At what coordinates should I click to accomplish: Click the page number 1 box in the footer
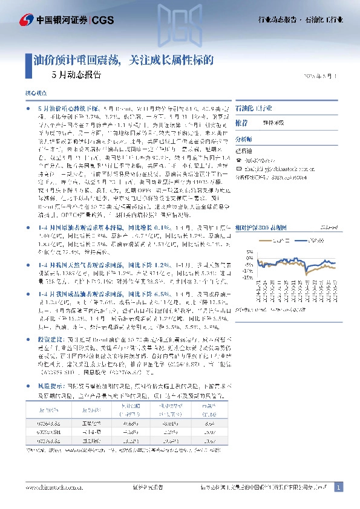(338, 487)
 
